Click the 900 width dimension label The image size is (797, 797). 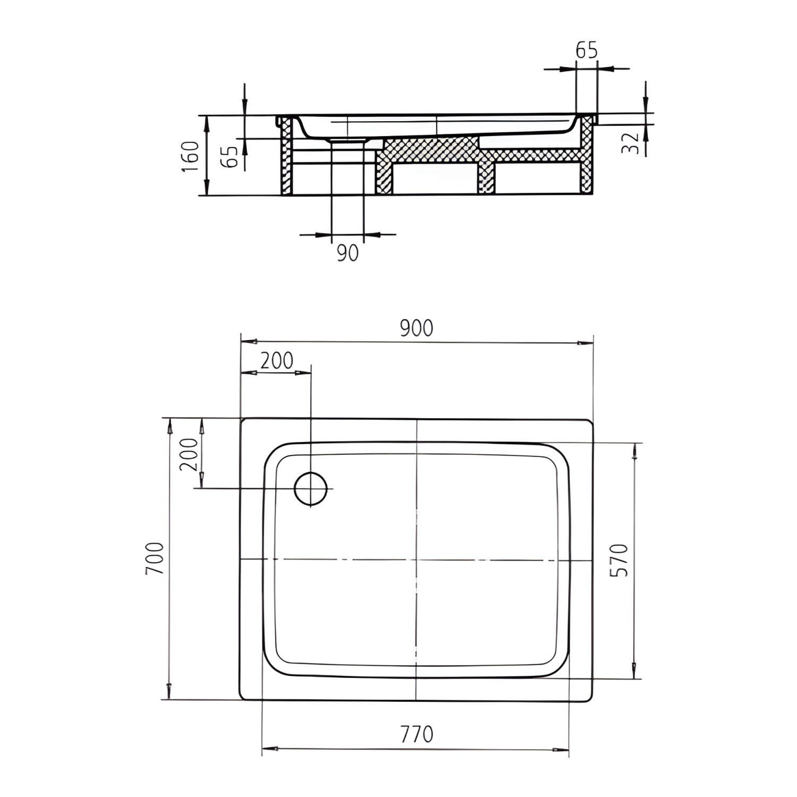point(417,329)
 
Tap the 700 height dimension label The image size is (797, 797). point(154,559)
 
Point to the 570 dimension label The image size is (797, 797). point(620,560)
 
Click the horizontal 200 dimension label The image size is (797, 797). point(276,361)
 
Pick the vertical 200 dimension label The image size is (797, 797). point(189,455)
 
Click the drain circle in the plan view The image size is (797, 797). point(311,488)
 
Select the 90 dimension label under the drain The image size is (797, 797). point(347,253)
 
